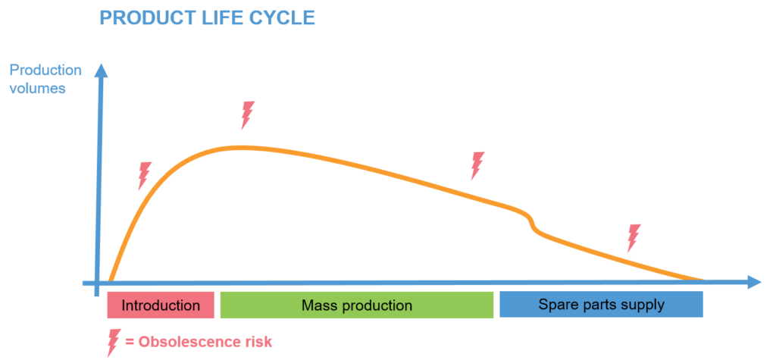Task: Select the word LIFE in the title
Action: [x=222, y=18]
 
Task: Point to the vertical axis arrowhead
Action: [x=101, y=70]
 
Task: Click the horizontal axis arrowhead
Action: [x=753, y=282]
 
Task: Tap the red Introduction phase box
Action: [x=161, y=305]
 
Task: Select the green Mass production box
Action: [x=357, y=305]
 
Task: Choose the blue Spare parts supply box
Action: [x=601, y=304]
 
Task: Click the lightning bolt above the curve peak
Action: [x=248, y=115]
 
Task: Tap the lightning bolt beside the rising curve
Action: [x=145, y=176]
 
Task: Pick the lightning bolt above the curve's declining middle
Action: [x=477, y=165]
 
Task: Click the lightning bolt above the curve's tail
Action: [x=634, y=238]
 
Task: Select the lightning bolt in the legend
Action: [x=114, y=343]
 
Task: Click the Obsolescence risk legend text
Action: [x=199, y=342]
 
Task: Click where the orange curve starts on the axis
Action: [x=110, y=281]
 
